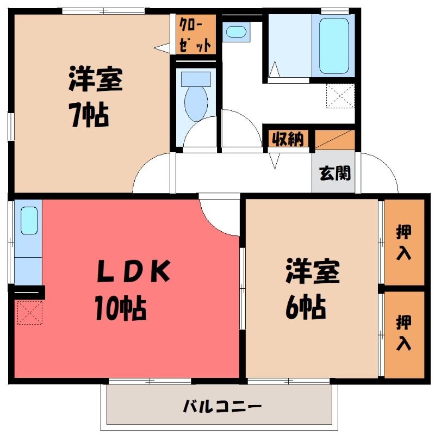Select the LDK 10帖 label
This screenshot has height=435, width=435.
(x=133, y=290)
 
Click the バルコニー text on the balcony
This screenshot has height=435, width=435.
(x=222, y=407)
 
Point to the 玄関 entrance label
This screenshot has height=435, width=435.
(x=335, y=173)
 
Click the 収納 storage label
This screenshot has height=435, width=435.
(x=288, y=138)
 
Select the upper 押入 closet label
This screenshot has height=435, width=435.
(x=403, y=242)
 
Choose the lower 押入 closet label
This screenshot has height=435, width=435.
(x=403, y=332)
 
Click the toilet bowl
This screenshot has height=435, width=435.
(x=196, y=103)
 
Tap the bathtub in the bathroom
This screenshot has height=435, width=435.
(x=334, y=46)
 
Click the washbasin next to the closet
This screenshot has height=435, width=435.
(x=236, y=32)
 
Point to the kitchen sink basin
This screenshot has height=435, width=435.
(x=29, y=221)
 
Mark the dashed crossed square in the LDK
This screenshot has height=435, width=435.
(x=30, y=312)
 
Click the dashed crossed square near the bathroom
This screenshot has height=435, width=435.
(x=340, y=96)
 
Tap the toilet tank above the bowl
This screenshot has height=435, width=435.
(x=196, y=79)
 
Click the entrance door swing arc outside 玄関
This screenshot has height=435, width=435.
(x=386, y=166)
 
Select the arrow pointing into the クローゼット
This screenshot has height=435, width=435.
(x=162, y=47)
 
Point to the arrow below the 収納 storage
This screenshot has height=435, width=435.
(x=275, y=160)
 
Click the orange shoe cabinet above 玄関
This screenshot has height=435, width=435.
(x=335, y=140)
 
